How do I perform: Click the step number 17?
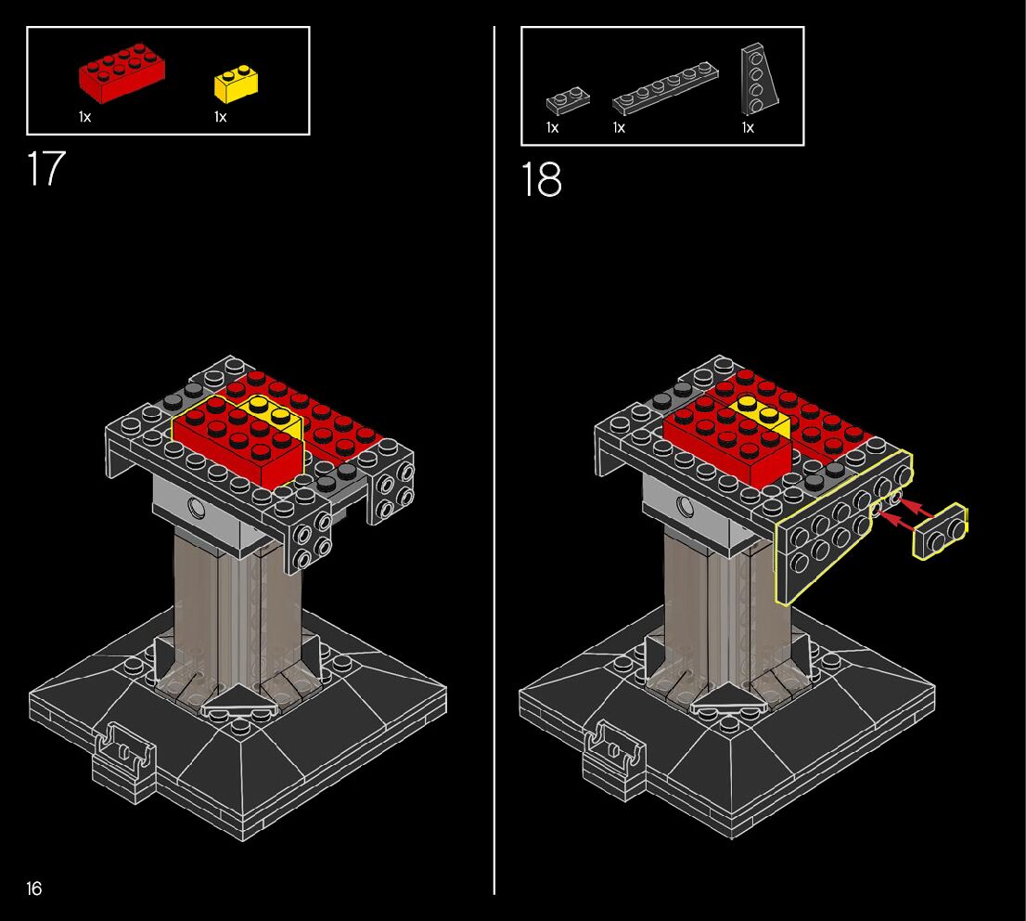coord(46,168)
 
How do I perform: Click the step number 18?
coord(541,179)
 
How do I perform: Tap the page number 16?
coord(34,889)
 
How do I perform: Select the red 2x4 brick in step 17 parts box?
coord(122,72)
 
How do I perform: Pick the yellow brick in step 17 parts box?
coord(236,84)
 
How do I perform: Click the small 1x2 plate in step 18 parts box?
coord(568,100)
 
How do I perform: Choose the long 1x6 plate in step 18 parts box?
coord(665,88)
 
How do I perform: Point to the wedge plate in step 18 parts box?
coord(759,79)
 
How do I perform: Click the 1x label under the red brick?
coord(85,117)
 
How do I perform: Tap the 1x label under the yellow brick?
coord(221,117)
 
